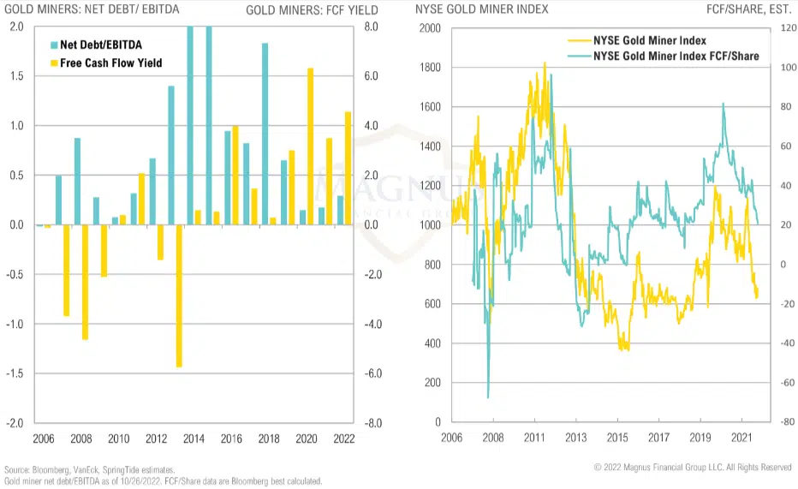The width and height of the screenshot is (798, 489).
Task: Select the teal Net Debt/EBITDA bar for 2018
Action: tap(265, 134)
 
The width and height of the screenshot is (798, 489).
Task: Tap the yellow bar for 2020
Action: tap(311, 146)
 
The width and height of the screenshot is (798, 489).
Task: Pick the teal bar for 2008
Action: tap(77, 182)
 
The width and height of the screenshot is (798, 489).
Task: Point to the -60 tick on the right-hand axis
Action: tap(777, 383)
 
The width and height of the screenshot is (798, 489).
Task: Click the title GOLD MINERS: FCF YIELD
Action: tap(300, 11)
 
